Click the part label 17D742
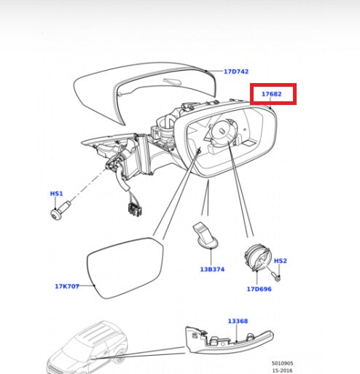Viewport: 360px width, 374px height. (x=236, y=71)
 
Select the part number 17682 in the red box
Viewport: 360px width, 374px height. (x=271, y=94)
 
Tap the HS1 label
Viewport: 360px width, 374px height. (x=56, y=194)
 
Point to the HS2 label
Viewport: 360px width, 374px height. (x=281, y=261)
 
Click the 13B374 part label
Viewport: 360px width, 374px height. (x=212, y=270)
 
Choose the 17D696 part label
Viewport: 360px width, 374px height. (x=259, y=289)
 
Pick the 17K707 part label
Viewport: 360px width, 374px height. (x=67, y=287)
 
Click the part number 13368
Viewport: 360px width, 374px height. (x=238, y=322)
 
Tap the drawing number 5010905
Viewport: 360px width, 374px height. (x=282, y=363)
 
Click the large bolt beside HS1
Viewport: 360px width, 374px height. (x=60, y=210)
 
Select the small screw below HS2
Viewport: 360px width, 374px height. (x=276, y=276)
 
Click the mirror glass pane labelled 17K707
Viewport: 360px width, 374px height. (x=125, y=268)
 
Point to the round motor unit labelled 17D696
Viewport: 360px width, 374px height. (x=258, y=258)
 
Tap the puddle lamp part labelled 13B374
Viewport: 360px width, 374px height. (x=206, y=235)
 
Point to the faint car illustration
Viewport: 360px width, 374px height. (x=87, y=348)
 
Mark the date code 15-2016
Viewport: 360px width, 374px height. (x=282, y=370)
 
